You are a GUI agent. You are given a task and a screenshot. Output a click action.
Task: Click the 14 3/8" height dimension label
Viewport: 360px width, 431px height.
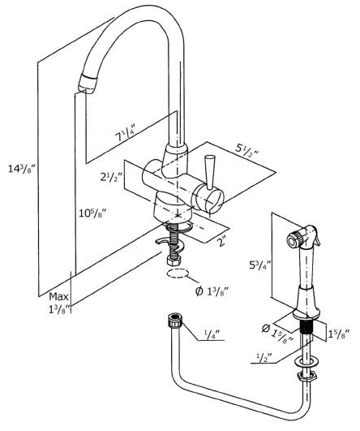click(x=21, y=168)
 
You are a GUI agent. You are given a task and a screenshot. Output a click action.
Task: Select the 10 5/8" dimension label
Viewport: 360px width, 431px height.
click(x=92, y=213)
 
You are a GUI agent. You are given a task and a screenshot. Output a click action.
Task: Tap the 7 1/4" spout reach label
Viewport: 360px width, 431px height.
click(x=126, y=133)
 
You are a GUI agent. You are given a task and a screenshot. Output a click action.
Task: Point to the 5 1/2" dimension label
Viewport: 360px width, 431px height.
click(x=246, y=149)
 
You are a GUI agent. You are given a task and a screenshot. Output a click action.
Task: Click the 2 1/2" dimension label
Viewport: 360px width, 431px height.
click(x=110, y=177)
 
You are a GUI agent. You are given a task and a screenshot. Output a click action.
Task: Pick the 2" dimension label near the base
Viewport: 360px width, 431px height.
click(x=221, y=242)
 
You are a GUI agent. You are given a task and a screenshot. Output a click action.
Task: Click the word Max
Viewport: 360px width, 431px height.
click(x=58, y=296)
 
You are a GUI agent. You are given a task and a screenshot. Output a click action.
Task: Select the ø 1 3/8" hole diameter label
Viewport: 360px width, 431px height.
click(x=212, y=291)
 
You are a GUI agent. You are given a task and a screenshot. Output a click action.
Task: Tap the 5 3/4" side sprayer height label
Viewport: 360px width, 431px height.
click(x=259, y=265)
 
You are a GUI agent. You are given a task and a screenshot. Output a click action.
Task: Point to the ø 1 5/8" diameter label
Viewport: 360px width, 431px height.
click(x=277, y=333)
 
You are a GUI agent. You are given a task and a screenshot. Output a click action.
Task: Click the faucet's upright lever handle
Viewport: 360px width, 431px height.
click(x=209, y=172)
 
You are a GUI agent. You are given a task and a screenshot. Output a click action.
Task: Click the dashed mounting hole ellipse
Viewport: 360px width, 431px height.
click(x=178, y=274)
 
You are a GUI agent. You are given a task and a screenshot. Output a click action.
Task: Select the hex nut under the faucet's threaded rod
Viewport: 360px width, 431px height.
click(x=174, y=261)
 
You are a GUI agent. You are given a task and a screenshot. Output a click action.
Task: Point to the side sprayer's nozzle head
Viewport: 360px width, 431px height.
click(x=294, y=239)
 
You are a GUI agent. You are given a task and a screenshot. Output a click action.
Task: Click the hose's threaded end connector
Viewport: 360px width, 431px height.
click(x=175, y=321)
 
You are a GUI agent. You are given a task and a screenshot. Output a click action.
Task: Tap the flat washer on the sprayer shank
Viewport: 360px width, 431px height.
click(x=306, y=363)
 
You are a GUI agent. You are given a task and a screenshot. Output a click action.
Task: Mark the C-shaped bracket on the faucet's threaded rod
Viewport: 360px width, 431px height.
click(x=169, y=244)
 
